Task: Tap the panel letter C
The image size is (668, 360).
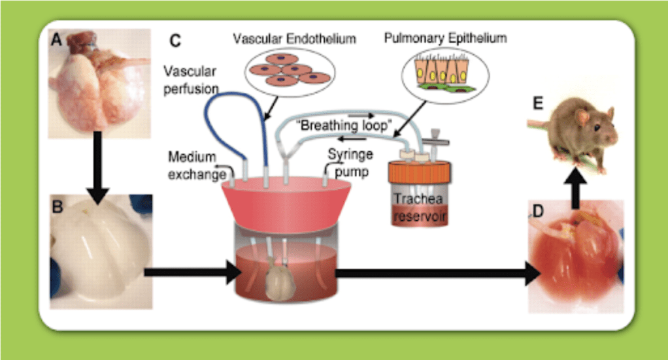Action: (175, 41)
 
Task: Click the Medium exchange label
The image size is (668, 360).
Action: (194, 166)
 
